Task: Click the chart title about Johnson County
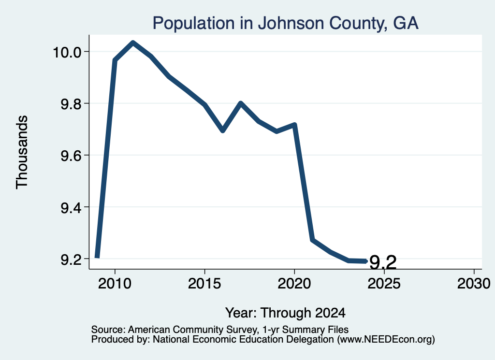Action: point(285,23)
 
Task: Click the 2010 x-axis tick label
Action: point(115,283)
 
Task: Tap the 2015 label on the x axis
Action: point(204,283)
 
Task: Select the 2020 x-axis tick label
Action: point(294,283)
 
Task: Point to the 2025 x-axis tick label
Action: point(384,283)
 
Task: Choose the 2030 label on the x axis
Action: point(474,283)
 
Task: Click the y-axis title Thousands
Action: point(22,152)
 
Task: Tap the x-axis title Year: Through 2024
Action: point(285,313)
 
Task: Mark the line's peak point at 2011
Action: point(133,43)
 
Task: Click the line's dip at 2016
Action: point(222,130)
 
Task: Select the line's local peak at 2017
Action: point(241,103)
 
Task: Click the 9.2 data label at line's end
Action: point(383,262)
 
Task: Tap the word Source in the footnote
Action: point(109,330)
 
